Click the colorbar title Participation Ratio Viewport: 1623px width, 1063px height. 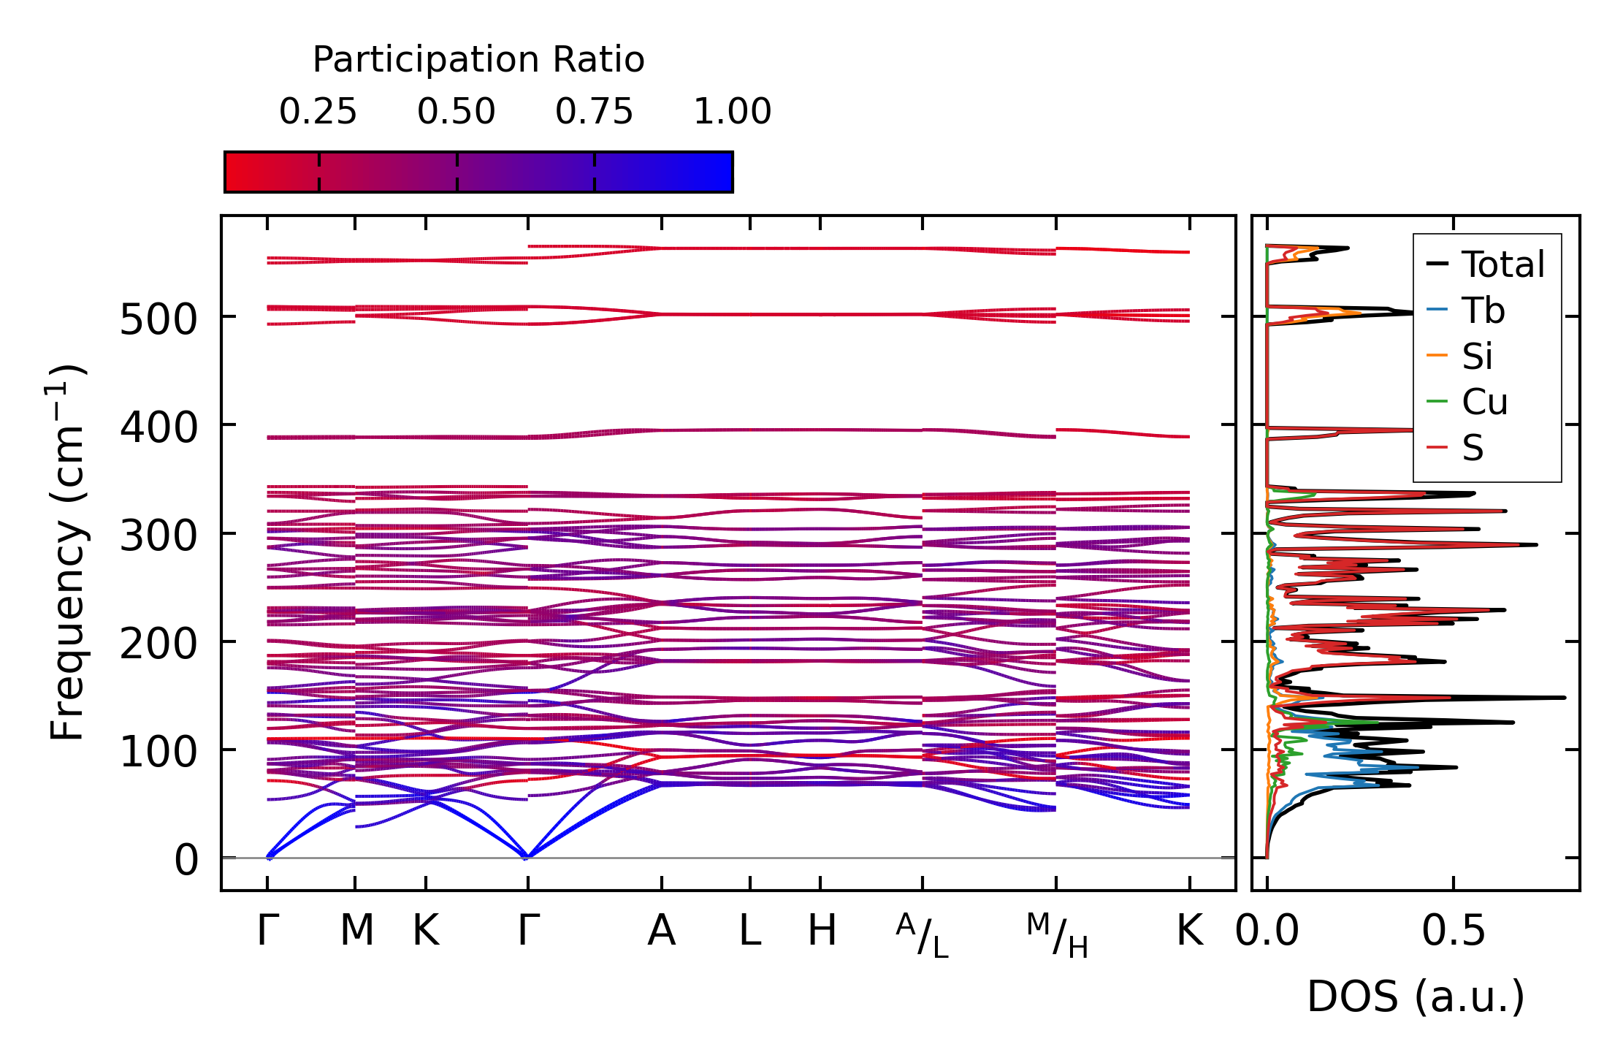click(478, 60)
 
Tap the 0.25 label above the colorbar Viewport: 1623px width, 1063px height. click(318, 112)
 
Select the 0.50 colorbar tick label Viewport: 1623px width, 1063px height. click(457, 112)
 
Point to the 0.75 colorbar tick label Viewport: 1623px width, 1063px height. click(594, 112)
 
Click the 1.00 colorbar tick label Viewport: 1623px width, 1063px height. click(732, 112)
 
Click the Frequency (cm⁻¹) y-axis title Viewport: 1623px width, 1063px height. click(67, 552)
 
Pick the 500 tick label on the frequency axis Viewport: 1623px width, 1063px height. click(159, 319)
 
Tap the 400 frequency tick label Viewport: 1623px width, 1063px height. click(159, 427)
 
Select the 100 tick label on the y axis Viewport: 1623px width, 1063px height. click(159, 752)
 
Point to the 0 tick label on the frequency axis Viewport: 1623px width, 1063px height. click(186, 860)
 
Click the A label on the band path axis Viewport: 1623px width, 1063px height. click(662, 931)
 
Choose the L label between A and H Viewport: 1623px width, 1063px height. click(750, 931)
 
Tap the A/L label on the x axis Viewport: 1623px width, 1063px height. click(922, 935)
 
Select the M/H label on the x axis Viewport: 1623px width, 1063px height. click(1057, 935)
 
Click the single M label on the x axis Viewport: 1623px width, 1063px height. click(356, 931)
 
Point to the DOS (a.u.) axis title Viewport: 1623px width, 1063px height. click(1416, 997)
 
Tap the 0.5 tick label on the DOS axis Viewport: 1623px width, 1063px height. click(1454, 931)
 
